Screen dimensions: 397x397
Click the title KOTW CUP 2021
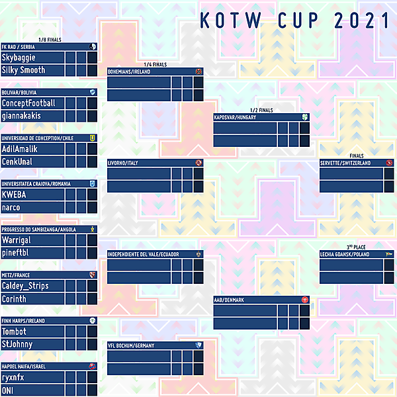tap(294, 21)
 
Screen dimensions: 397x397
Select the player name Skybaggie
tap(23, 58)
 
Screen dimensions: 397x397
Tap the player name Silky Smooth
tap(23, 70)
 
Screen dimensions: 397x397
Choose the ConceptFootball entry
tap(28, 103)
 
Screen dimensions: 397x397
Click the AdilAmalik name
tap(20, 149)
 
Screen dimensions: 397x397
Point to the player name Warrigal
tap(17, 240)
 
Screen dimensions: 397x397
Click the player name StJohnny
tap(18, 344)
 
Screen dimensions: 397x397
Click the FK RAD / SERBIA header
tap(19, 47)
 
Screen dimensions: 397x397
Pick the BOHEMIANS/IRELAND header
tap(133, 71)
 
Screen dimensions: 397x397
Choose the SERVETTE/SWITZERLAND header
tap(345, 163)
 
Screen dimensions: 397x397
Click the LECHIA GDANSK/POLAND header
tap(344, 254)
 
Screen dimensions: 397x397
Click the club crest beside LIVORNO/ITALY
tap(198, 163)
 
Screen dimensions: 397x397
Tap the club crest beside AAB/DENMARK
tap(304, 300)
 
